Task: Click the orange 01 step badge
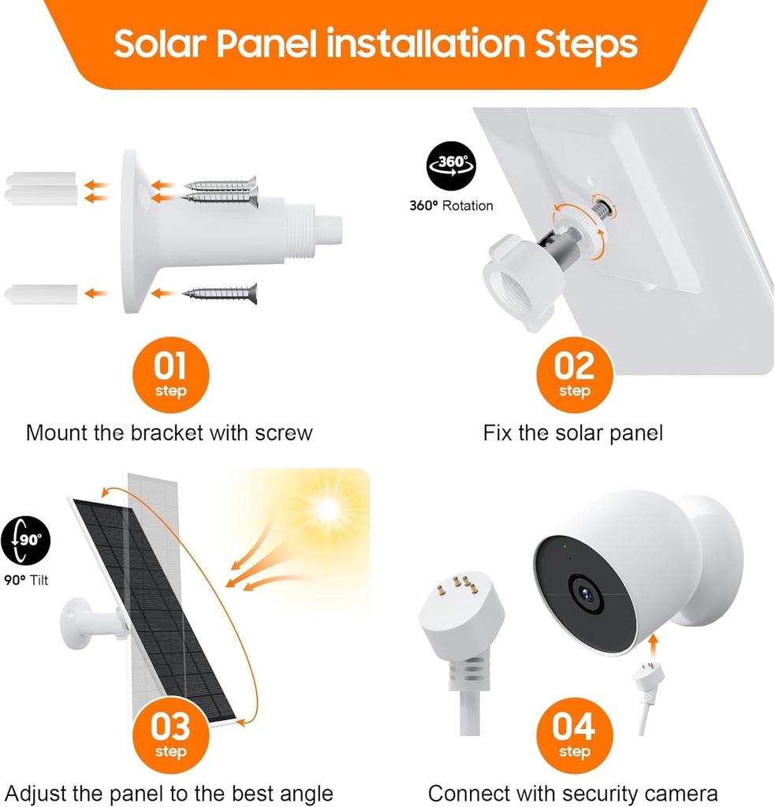pyautogui.click(x=170, y=374)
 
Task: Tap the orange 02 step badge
pyautogui.click(x=574, y=374)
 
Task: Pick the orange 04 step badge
pyautogui.click(x=574, y=734)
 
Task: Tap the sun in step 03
pyautogui.click(x=326, y=510)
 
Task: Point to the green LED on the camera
pyautogui.click(x=565, y=545)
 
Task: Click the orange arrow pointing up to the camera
pyautogui.click(x=653, y=645)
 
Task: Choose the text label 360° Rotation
pyautogui.click(x=451, y=206)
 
